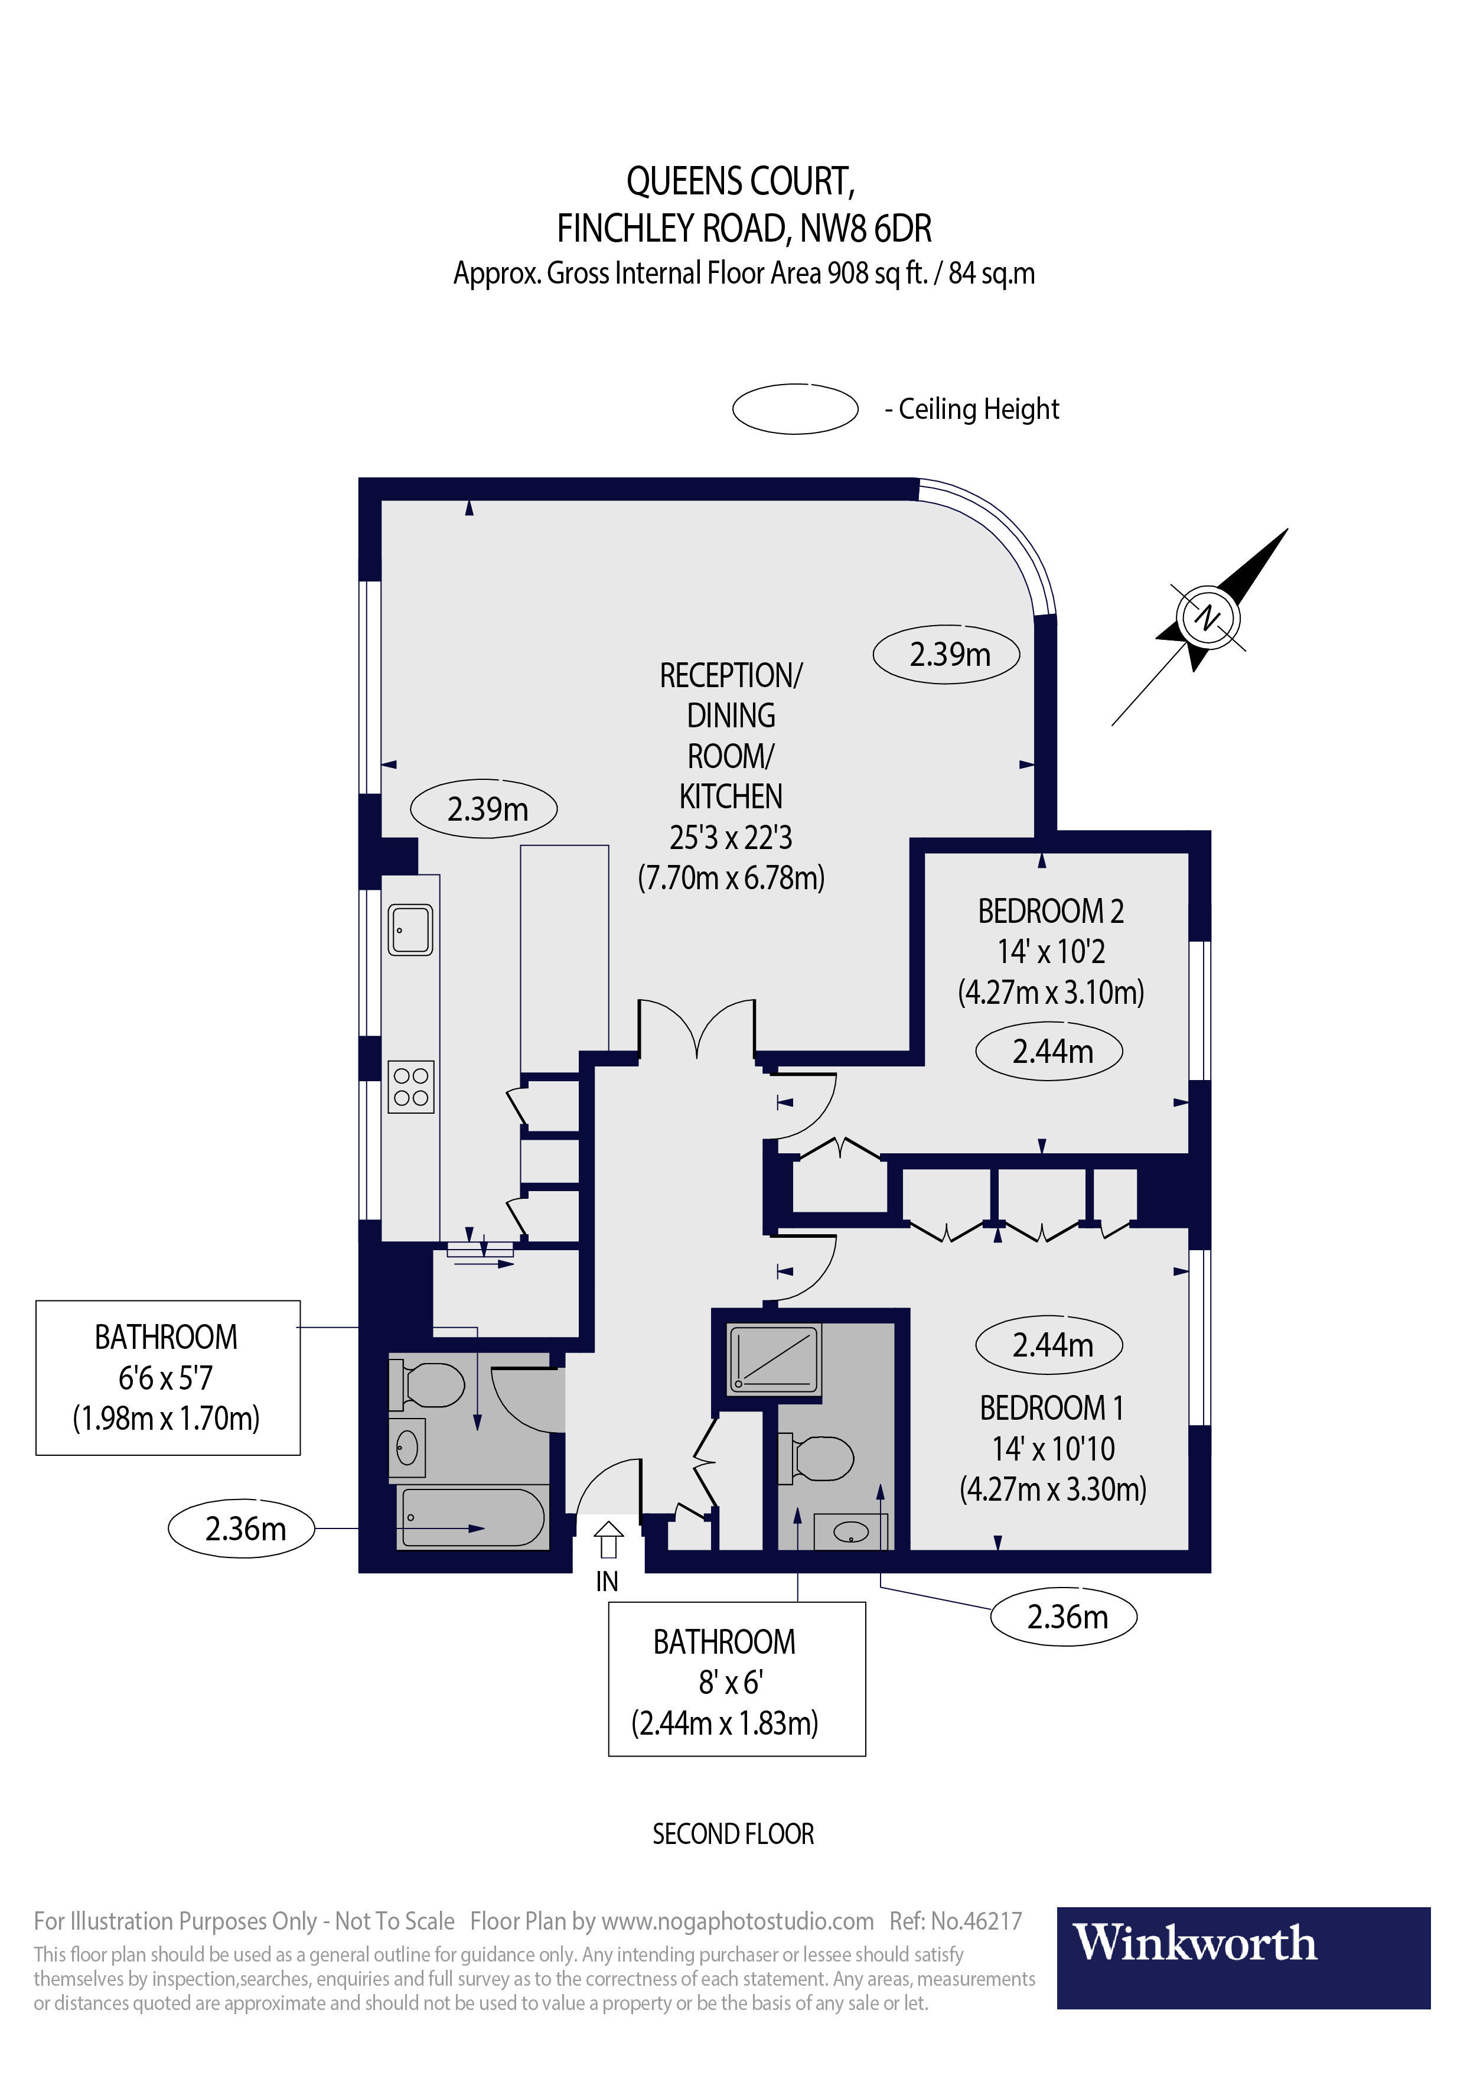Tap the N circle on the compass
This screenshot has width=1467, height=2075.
coord(1208,617)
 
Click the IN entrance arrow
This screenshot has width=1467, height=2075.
coord(608,1540)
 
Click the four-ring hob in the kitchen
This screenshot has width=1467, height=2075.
coord(411,1087)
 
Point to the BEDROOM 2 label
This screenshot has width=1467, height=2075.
coord(1051,911)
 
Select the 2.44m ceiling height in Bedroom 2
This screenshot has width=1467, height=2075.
coord(1049,1051)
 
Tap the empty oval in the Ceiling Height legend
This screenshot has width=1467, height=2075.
coord(795,408)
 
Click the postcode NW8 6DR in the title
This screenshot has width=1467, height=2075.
coord(865,229)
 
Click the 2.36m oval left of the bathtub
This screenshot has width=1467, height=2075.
coord(242,1528)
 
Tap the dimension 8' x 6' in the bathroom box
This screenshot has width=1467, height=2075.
coord(730,1682)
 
